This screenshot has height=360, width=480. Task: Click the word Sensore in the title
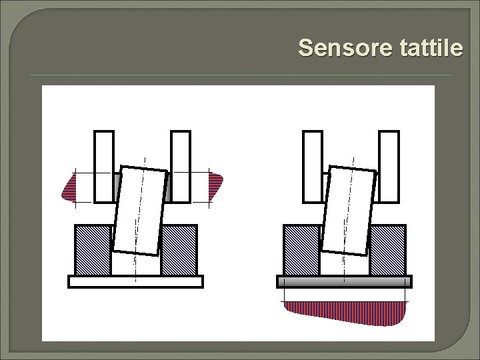345,47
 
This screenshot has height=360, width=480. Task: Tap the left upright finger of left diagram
104,167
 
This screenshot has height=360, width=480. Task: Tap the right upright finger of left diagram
181,167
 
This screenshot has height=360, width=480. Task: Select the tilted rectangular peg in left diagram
140,211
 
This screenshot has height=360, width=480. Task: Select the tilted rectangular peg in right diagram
349,211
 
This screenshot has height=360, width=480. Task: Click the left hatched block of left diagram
93,250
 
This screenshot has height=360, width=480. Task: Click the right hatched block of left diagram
179,250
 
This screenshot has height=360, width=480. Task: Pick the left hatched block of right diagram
302,250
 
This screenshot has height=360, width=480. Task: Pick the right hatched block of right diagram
388,250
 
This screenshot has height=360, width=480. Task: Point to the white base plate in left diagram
135,281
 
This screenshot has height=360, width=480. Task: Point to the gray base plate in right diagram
345,281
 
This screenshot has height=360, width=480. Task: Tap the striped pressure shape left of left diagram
69,187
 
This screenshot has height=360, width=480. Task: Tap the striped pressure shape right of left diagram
215,186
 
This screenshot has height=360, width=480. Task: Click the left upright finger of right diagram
313,167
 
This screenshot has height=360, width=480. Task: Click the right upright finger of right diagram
389,167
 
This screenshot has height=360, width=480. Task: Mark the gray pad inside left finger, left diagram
117,187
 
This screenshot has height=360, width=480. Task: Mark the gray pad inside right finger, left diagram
167,187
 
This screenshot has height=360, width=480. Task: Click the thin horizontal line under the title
241,75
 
